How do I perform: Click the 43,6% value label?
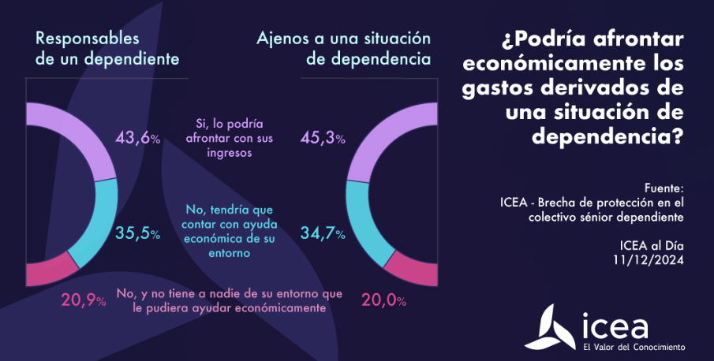tap(139, 137)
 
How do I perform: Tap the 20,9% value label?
tap(84, 300)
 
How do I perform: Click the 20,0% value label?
tap(383, 300)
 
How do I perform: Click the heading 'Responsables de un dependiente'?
tap(107, 48)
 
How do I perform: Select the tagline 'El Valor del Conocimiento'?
tap(634, 347)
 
